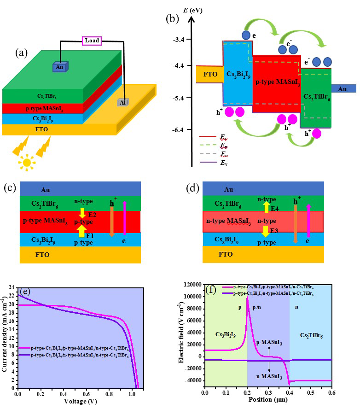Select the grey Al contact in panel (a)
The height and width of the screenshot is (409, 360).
point(122,103)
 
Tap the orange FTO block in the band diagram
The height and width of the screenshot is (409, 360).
point(209,74)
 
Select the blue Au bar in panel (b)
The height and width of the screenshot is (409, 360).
point(342,89)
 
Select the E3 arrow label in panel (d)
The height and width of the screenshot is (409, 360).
point(275,230)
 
